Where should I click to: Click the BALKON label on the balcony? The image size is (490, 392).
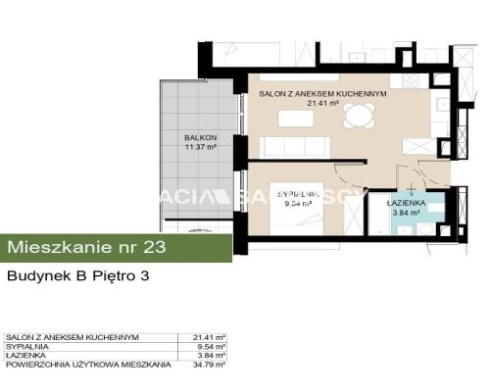point(200,138)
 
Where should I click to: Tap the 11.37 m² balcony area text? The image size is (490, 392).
point(200,148)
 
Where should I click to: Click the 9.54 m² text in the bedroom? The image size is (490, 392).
point(298,205)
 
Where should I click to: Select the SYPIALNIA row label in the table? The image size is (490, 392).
point(24,346)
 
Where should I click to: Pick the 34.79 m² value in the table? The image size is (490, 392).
point(211,364)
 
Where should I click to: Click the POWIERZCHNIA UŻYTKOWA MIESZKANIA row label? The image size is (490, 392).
point(88,364)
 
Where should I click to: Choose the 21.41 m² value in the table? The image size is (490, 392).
point(211,337)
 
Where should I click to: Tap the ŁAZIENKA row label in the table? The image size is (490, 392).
point(24,355)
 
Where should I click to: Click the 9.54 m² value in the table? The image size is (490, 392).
point(213,346)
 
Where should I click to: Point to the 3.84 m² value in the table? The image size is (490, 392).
point(213,355)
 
